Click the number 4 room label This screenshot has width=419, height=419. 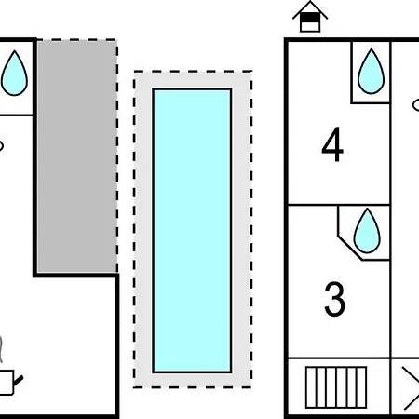tap(332, 144)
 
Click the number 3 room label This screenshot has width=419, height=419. tap(334, 299)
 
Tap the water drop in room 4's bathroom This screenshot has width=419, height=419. tap(371, 72)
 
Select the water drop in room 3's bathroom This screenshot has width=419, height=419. tap(367, 231)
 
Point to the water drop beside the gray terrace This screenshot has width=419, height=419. tap(14, 73)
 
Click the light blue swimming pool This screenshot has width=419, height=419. tap(192, 231)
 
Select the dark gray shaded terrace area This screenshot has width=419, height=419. tap(76, 156)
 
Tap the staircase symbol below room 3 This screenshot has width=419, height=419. tap(336, 387)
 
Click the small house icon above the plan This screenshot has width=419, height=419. tap(310, 17)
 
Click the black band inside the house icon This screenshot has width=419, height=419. tap(310, 19)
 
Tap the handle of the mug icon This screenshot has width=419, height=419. tap(19, 381)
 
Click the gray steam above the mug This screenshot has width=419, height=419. tap(1, 349)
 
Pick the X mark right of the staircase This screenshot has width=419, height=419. tap(411, 388)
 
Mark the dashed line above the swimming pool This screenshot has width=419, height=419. tap(193, 72)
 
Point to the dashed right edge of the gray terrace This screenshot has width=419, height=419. tap(117, 156)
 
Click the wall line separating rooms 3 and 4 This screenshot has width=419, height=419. tap(339, 205)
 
